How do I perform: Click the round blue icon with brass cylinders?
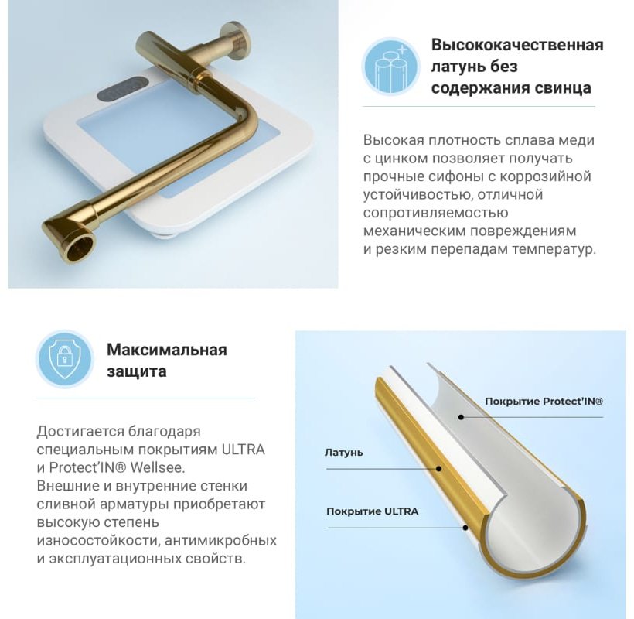click(x=391, y=67)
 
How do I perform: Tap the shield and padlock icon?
click(x=65, y=358)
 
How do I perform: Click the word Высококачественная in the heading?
click(x=517, y=45)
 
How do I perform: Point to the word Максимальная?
click(x=167, y=350)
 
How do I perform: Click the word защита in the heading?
click(x=137, y=371)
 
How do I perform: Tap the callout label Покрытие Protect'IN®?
click(x=544, y=402)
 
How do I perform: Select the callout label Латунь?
click(x=344, y=453)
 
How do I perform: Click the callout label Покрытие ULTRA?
click(x=373, y=511)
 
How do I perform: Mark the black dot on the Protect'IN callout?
click(x=461, y=417)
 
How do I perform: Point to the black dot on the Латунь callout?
click(x=438, y=469)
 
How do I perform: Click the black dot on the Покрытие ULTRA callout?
click(x=465, y=528)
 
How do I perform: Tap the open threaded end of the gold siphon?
click(x=80, y=247)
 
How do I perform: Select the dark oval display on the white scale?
click(x=121, y=91)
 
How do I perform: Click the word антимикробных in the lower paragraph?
click(x=221, y=541)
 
